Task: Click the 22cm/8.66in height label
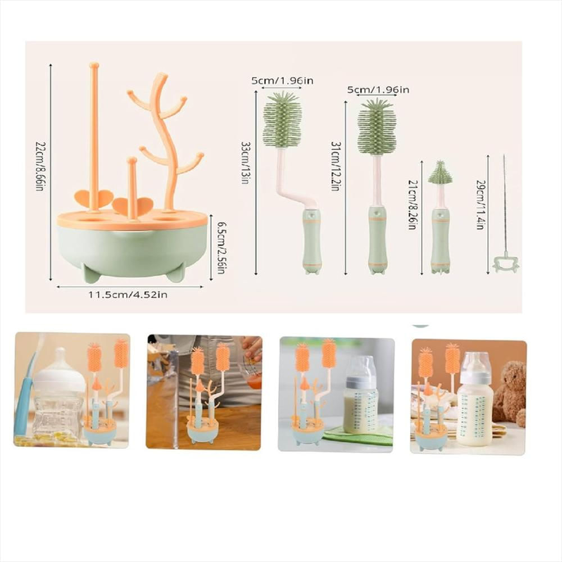tap(40, 166)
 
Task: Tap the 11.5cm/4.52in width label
tap(128, 295)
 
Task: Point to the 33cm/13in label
tap(246, 162)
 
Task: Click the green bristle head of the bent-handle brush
tap(283, 120)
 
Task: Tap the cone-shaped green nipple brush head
tap(440, 173)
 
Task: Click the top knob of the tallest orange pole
tap(94, 66)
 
